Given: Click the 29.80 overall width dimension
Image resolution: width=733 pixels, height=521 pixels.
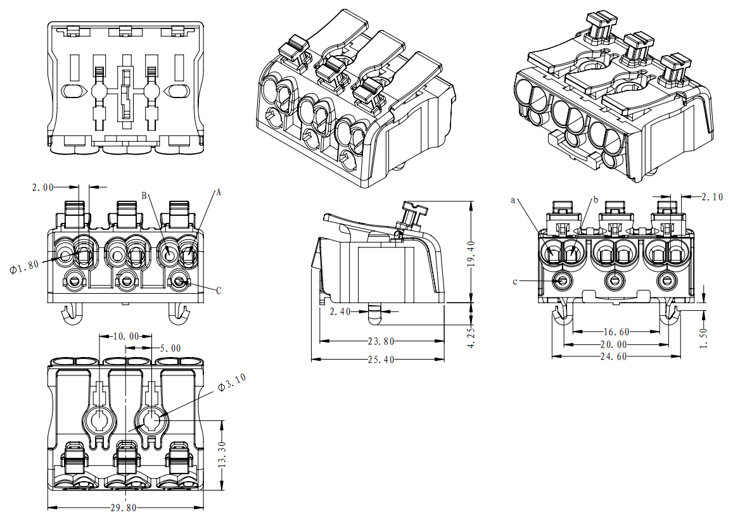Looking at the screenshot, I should pos(125,508).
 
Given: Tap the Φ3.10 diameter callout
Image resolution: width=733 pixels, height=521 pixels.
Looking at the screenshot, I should pos(232,384).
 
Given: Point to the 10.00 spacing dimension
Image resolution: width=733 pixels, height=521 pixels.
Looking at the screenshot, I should pos(125,336).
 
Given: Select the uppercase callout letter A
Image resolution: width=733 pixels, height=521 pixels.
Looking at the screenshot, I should pos(219,192).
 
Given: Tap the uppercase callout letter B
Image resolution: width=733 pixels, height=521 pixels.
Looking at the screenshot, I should pos(144,196).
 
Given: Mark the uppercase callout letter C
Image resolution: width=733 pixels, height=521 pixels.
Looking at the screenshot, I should pos(219,291).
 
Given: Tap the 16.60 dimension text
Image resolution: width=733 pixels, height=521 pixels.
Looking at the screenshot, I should pos(613,331).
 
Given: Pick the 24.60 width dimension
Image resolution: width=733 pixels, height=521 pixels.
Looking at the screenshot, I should pos(613,356).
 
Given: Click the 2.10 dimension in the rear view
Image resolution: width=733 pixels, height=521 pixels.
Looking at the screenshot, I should pos(712,197).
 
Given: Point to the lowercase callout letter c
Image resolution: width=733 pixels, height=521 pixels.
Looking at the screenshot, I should pos(514,280).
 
